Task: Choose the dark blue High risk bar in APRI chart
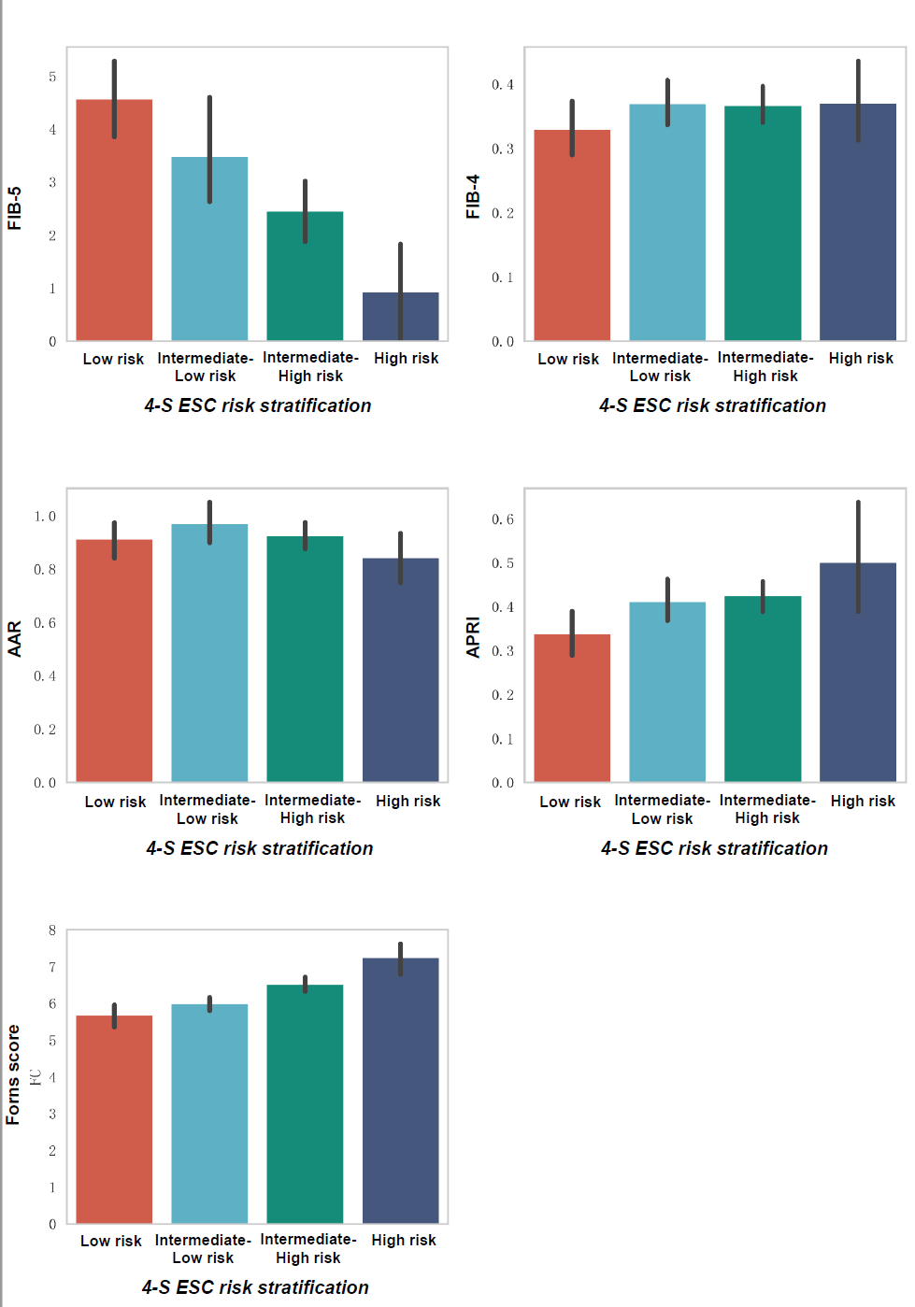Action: click(x=858, y=673)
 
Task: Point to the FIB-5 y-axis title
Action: click(x=14, y=208)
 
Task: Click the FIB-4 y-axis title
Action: click(x=473, y=196)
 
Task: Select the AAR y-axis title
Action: click(x=14, y=639)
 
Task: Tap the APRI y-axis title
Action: click(x=473, y=637)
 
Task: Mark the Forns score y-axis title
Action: click(x=13, y=1074)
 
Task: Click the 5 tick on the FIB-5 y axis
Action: click(x=52, y=77)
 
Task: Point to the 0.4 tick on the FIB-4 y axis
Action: click(x=503, y=85)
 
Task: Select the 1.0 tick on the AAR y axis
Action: click(x=45, y=517)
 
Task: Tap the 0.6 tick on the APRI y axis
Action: click(x=503, y=519)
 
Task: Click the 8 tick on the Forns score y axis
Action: click(x=52, y=931)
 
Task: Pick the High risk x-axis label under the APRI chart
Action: click(x=863, y=801)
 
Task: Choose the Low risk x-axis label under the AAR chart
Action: click(x=115, y=802)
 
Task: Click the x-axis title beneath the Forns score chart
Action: click(x=255, y=1287)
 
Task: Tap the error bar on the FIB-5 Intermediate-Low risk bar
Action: click(x=209, y=149)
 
